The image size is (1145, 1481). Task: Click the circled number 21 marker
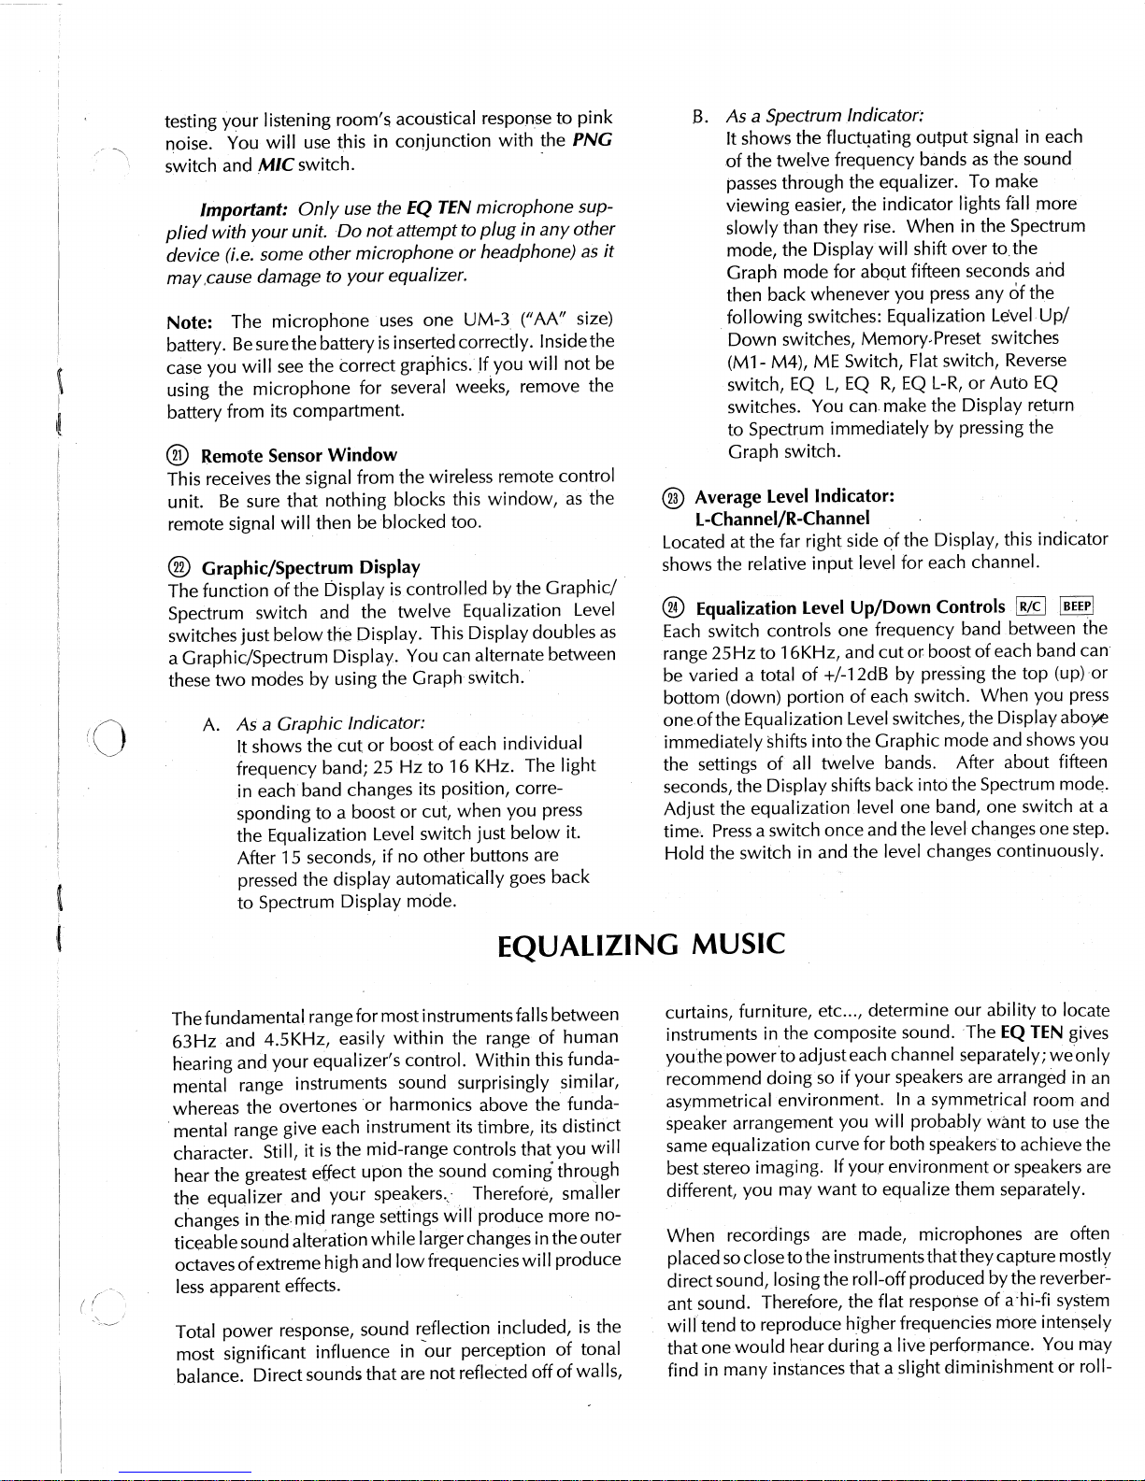pos(175,455)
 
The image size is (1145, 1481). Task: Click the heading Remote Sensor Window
pos(299,455)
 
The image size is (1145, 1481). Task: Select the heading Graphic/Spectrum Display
pos(311,567)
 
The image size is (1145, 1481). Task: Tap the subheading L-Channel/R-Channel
pos(782,518)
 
